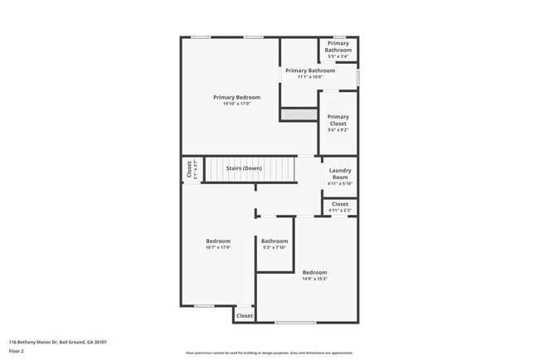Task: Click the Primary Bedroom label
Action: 236,97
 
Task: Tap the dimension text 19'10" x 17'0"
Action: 236,104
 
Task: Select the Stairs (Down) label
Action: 244,168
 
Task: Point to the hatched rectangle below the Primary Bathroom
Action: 294,114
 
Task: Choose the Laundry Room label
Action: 340,174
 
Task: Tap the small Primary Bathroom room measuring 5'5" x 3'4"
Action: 338,49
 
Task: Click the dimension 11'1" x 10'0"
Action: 310,77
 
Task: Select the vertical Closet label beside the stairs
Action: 189,169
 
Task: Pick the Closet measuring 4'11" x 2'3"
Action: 340,207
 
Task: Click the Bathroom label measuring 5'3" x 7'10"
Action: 274,241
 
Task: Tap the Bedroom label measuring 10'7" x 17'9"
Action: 218,241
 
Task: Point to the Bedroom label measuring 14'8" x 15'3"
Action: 314,273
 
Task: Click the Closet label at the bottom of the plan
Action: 245,316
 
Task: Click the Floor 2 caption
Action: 17,351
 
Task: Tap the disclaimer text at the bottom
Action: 269,353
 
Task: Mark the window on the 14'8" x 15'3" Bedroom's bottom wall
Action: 295,322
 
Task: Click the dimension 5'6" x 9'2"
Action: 337,130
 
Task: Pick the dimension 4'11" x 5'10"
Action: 340,183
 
